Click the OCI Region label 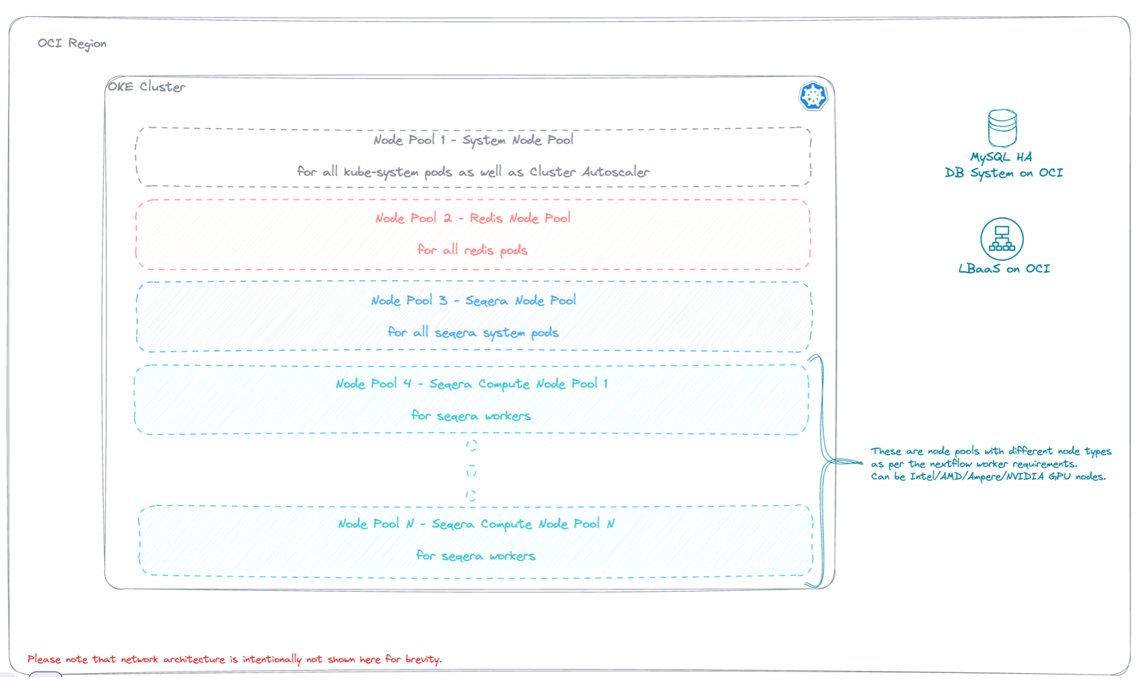72,44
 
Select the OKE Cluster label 147,87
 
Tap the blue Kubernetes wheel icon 813,96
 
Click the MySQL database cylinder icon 1002,127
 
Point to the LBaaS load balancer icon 1002,239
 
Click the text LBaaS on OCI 1003,269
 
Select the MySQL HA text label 1001,157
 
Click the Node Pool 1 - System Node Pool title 473,140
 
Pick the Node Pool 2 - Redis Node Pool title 473,219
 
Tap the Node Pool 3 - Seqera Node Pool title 473,301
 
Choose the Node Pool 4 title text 471,384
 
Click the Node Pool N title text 476,524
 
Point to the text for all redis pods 472,250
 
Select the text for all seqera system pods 473,332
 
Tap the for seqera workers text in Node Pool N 475,556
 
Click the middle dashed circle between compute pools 471,470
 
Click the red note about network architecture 234,659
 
